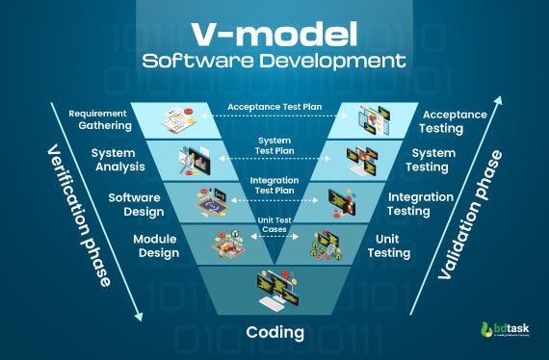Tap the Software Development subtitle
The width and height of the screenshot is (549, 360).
(274, 62)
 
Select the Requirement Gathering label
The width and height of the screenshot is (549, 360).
(98, 120)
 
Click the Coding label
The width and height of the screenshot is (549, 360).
(274, 333)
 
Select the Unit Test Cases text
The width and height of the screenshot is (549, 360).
(274, 224)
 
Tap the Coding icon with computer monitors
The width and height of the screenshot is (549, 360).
(274, 286)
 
